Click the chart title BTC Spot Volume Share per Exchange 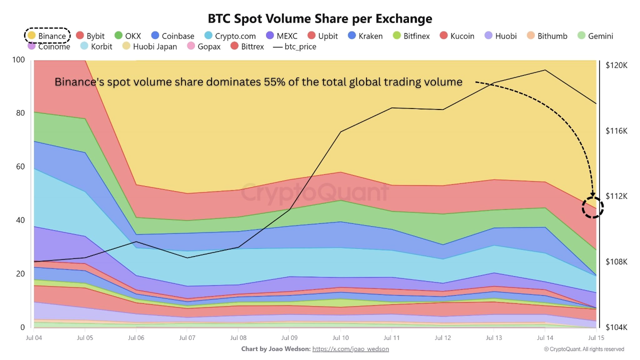coord(320,18)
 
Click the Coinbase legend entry coord(172,36)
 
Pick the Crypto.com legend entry coord(230,36)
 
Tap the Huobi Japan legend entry coord(149,46)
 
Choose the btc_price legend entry coord(294,46)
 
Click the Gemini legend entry coord(594,36)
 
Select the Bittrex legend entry coord(247,46)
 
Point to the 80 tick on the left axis coord(20,113)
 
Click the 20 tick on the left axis coord(20,274)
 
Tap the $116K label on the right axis coord(616,130)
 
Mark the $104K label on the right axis coord(616,327)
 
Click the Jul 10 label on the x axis coord(340,338)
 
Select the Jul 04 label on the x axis coord(33,338)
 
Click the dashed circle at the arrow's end coord(593,207)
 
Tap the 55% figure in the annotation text coord(274,82)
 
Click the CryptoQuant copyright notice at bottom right coord(584,349)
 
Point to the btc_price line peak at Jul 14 coord(545,70)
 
